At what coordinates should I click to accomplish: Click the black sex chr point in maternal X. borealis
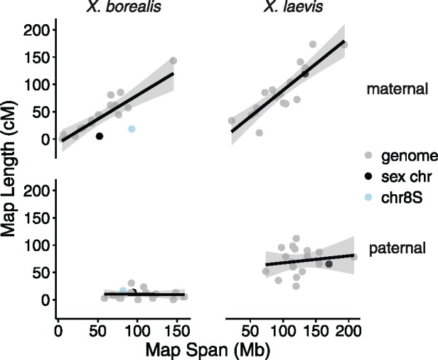click(100, 136)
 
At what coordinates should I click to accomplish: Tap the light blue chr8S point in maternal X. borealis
click(132, 129)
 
